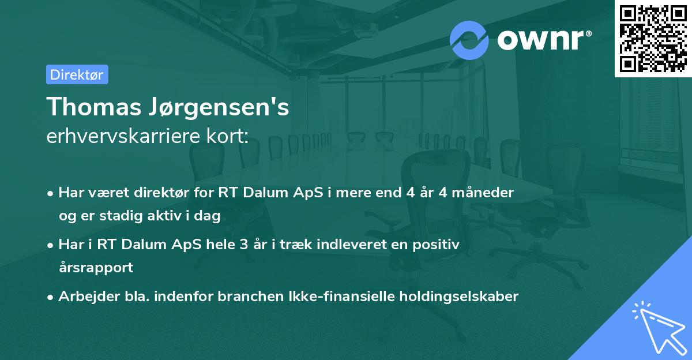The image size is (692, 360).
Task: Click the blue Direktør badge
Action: pos(77,74)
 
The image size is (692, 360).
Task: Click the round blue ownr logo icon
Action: pos(469,40)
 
